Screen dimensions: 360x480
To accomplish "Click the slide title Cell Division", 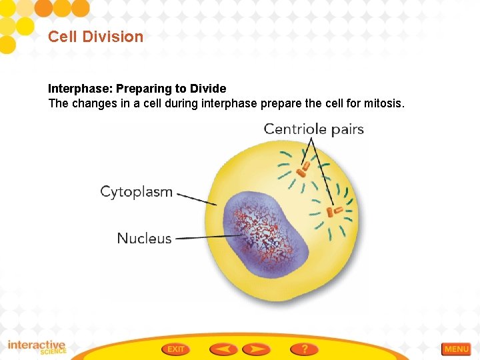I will coord(95,37).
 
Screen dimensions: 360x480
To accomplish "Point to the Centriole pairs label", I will coord(313,129).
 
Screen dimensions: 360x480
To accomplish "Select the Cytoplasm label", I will coord(136,192).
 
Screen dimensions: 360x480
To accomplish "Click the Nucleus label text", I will coord(144,238).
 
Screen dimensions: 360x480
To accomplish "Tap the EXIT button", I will coord(176,349).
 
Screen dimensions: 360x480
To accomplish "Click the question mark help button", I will coord(304,349).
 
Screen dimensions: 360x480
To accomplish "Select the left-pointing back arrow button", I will coord(223,349).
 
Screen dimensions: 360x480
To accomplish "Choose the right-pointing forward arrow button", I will coord(256,349).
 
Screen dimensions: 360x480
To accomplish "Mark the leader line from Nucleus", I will coord(200,237).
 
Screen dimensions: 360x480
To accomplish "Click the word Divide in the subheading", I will coord(209,89).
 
